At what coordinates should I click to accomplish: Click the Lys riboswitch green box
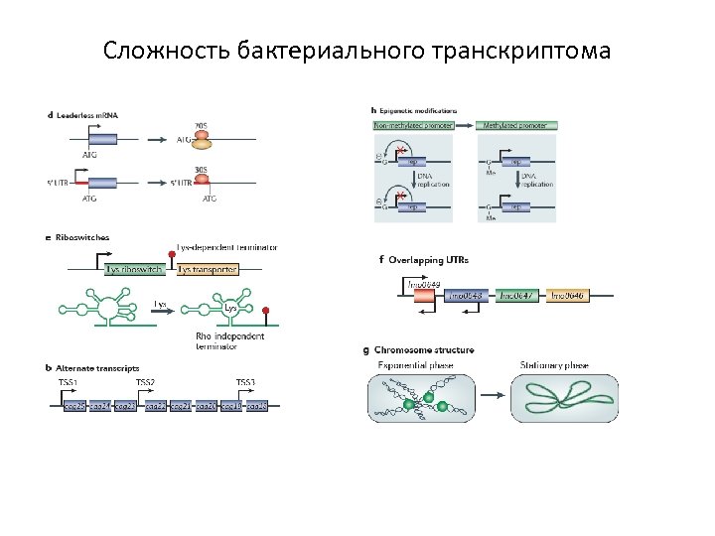coord(135,269)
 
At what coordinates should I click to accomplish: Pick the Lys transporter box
coord(207,269)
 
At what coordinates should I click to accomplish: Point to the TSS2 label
coord(145,382)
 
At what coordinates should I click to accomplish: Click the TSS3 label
coord(245,382)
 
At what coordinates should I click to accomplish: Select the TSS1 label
coord(68,382)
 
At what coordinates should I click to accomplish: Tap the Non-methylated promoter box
coord(413,126)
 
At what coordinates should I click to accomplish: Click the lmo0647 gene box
coord(517,295)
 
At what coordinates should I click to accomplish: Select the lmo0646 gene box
coord(568,295)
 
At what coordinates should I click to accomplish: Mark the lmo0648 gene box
coord(466,295)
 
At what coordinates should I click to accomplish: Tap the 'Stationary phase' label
coord(554,365)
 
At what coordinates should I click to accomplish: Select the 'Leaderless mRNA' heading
coord(87,115)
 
